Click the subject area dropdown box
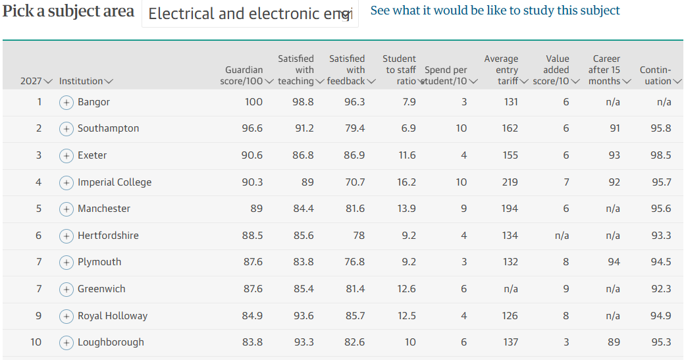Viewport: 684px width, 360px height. pyautogui.click(x=250, y=14)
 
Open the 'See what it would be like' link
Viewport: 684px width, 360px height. pyautogui.click(x=495, y=11)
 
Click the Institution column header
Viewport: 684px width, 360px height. pyautogui.click(x=86, y=81)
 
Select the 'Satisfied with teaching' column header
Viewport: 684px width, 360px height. pyautogui.click(x=301, y=70)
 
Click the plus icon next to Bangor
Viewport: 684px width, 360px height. pyautogui.click(x=66, y=103)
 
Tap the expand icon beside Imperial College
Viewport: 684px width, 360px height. pyautogui.click(x=66, y=182)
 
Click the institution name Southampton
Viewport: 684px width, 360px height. pyautogui.click(x=108, y=128)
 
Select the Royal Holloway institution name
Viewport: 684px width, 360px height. pyautogui.click(x=113, y=316)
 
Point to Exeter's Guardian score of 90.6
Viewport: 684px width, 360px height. pyautogui.click(x=252, y=155)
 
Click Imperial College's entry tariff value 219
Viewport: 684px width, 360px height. pyautogui.click(x=510, y=182)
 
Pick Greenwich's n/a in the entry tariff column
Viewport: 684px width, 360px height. pyautogui.click(x=510, y=289)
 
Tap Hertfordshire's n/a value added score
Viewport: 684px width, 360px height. pyautogui.click(x=562, y=236)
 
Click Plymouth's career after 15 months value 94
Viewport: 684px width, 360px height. pyautogui.click(x=614, y=262)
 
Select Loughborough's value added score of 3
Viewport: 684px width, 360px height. pyautogui.click(x=566, y=342)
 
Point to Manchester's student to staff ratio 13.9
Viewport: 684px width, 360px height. pyautogui.click(x=407, y=209)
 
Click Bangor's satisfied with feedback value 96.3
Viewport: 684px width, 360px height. pyautogui.click(x=354, y=102)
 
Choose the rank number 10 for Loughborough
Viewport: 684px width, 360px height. pyautogui.click(x=36, y=342)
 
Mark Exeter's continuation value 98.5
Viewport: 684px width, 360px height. pyautogui.click(x=660, y=155)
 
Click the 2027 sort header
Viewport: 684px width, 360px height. pyautogui.click(x=36, y=81)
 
